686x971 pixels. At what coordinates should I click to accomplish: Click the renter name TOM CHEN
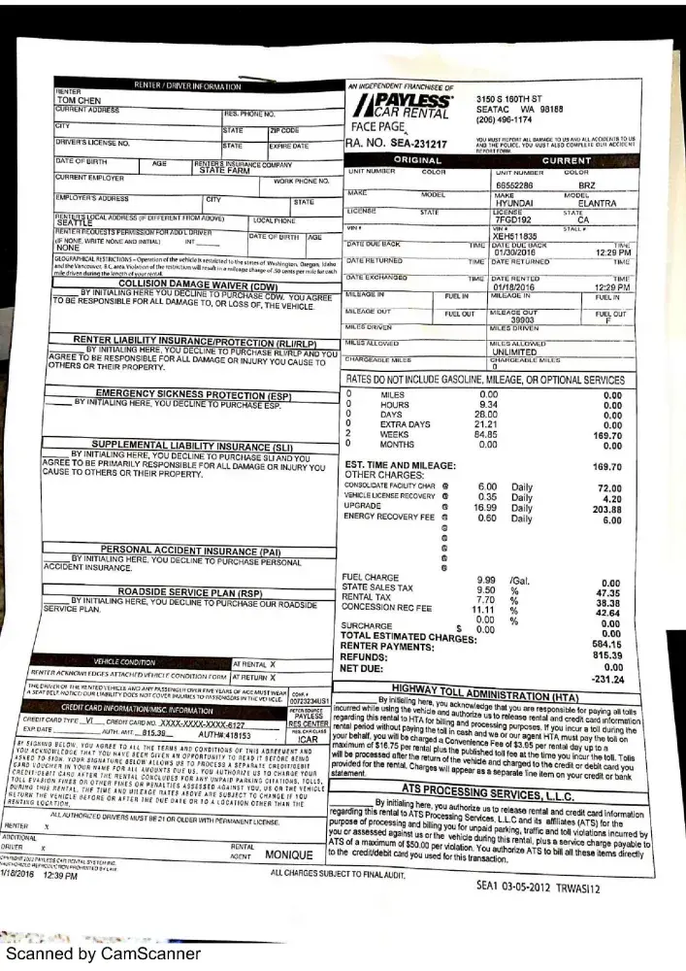coord(78,99)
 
